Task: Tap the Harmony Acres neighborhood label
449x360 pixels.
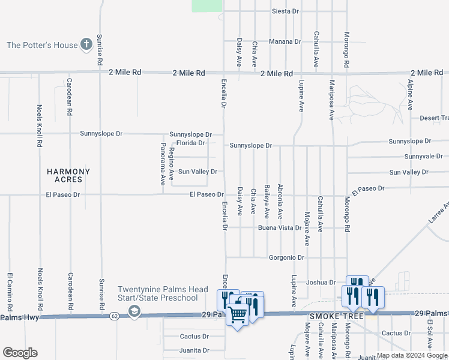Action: [68, 176]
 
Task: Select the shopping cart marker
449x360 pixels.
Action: [238, 314]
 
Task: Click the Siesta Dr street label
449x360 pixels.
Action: [285, 11]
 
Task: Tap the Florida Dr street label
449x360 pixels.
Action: [190, 143]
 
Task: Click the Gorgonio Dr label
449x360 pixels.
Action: [289, 257]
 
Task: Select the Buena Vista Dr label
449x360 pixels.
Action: [280, 228]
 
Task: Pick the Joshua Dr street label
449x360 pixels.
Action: [320, 282]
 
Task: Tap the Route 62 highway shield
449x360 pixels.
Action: [115, 314]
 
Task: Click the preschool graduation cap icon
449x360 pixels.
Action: [134, 311]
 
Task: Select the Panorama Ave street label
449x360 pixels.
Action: [163, 164]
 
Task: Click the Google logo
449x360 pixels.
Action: [20, 353]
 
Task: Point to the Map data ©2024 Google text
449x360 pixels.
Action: [412, 355]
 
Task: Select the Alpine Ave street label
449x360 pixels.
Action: [411, 95]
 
